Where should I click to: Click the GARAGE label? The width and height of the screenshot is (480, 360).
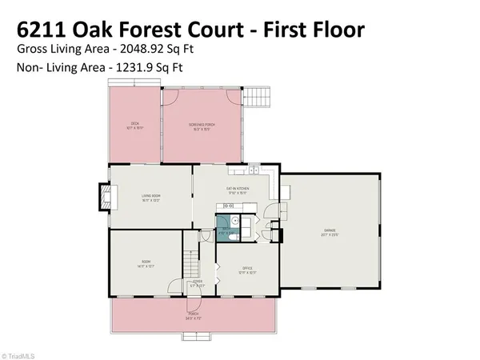click(x=330, y=233)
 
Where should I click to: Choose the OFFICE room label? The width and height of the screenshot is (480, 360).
click(x=248, y=270)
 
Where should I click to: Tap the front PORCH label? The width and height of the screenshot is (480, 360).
click(x=192, y=316)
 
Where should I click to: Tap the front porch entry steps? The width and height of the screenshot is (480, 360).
click(x=193, y=304)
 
